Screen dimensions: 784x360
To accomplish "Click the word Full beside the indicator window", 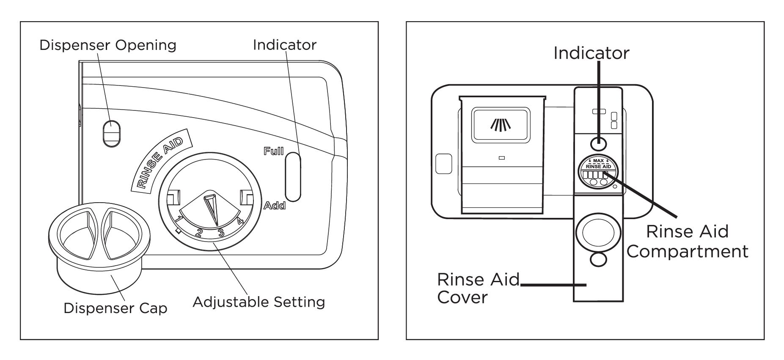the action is pos(273,151).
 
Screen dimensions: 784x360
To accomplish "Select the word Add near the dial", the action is pos(275,206).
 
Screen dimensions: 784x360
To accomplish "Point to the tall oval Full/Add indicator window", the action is pos(293,177).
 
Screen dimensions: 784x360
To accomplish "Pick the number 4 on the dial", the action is pos(240,220).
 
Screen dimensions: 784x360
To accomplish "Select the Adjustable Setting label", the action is pos(259,302).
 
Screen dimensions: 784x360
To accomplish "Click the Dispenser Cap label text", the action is pos(116,308).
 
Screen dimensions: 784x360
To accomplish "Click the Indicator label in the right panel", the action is pos(591,53).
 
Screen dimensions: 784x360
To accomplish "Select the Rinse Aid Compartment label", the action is pos(688,242).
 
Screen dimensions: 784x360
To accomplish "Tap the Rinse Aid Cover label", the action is pos(478,288).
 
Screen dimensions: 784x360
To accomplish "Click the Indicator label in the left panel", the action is pos(285,45).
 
